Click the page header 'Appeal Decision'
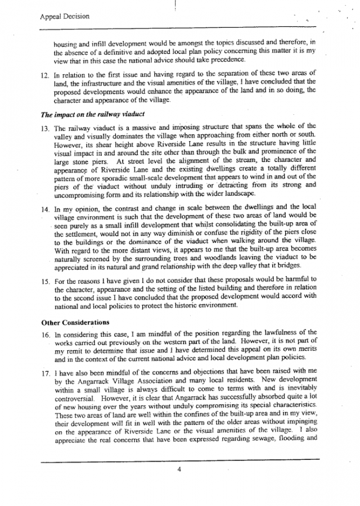(x=65, y=16)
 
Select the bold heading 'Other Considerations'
(x=75, y=323)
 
